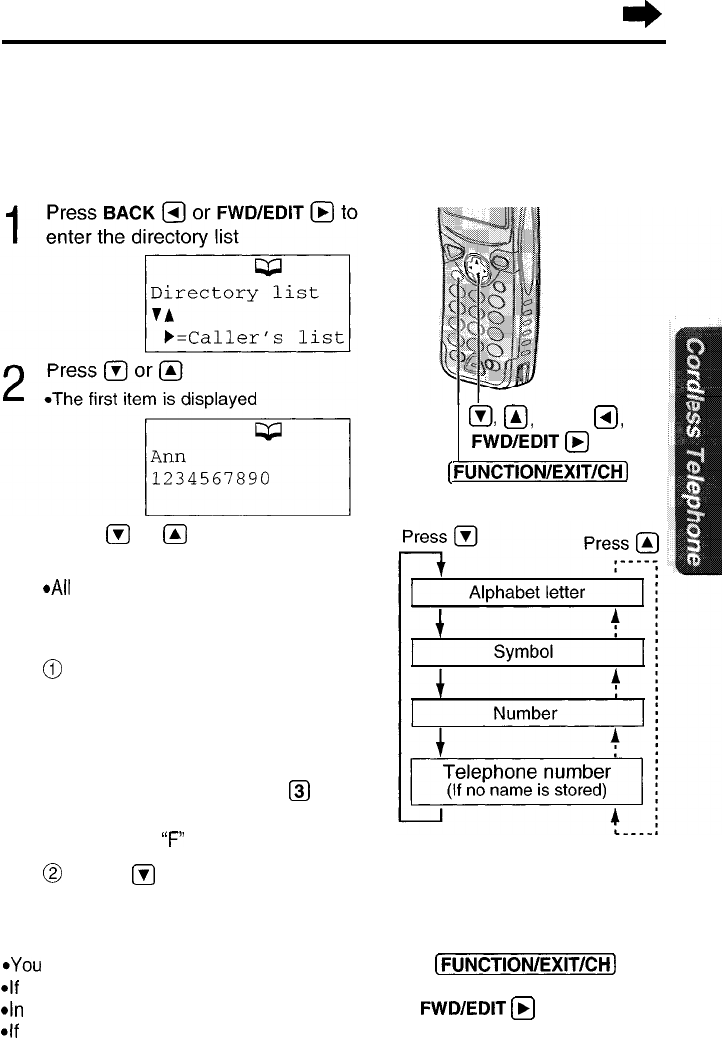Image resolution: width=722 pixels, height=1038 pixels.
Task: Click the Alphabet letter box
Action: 527,592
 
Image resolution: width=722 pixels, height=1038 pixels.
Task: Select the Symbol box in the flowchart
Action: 527,652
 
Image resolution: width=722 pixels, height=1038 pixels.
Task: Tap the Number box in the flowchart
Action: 527,713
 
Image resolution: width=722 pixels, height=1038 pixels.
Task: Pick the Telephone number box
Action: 527,781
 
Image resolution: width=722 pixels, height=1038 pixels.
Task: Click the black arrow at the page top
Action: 642,15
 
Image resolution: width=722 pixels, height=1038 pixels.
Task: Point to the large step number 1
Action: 13,224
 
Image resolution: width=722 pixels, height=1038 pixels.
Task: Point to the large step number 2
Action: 14,383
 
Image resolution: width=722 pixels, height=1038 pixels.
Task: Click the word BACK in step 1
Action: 128,213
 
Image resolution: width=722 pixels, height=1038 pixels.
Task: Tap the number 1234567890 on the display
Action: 210,479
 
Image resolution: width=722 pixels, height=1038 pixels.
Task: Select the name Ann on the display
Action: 168,456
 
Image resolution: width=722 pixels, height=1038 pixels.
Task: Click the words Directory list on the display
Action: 234,293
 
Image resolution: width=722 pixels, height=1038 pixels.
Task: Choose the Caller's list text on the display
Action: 265,338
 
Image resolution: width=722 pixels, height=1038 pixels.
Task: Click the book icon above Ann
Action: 268,431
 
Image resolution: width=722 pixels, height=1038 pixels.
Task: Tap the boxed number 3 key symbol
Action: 299,791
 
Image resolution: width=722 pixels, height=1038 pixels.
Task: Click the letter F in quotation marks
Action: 173,839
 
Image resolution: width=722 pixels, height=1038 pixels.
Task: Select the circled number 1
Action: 52,669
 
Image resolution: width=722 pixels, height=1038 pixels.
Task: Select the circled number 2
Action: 52,874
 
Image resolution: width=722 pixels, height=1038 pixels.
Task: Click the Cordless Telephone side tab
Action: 695,450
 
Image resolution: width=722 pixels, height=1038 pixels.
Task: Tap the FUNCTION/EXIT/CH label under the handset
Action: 538,472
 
